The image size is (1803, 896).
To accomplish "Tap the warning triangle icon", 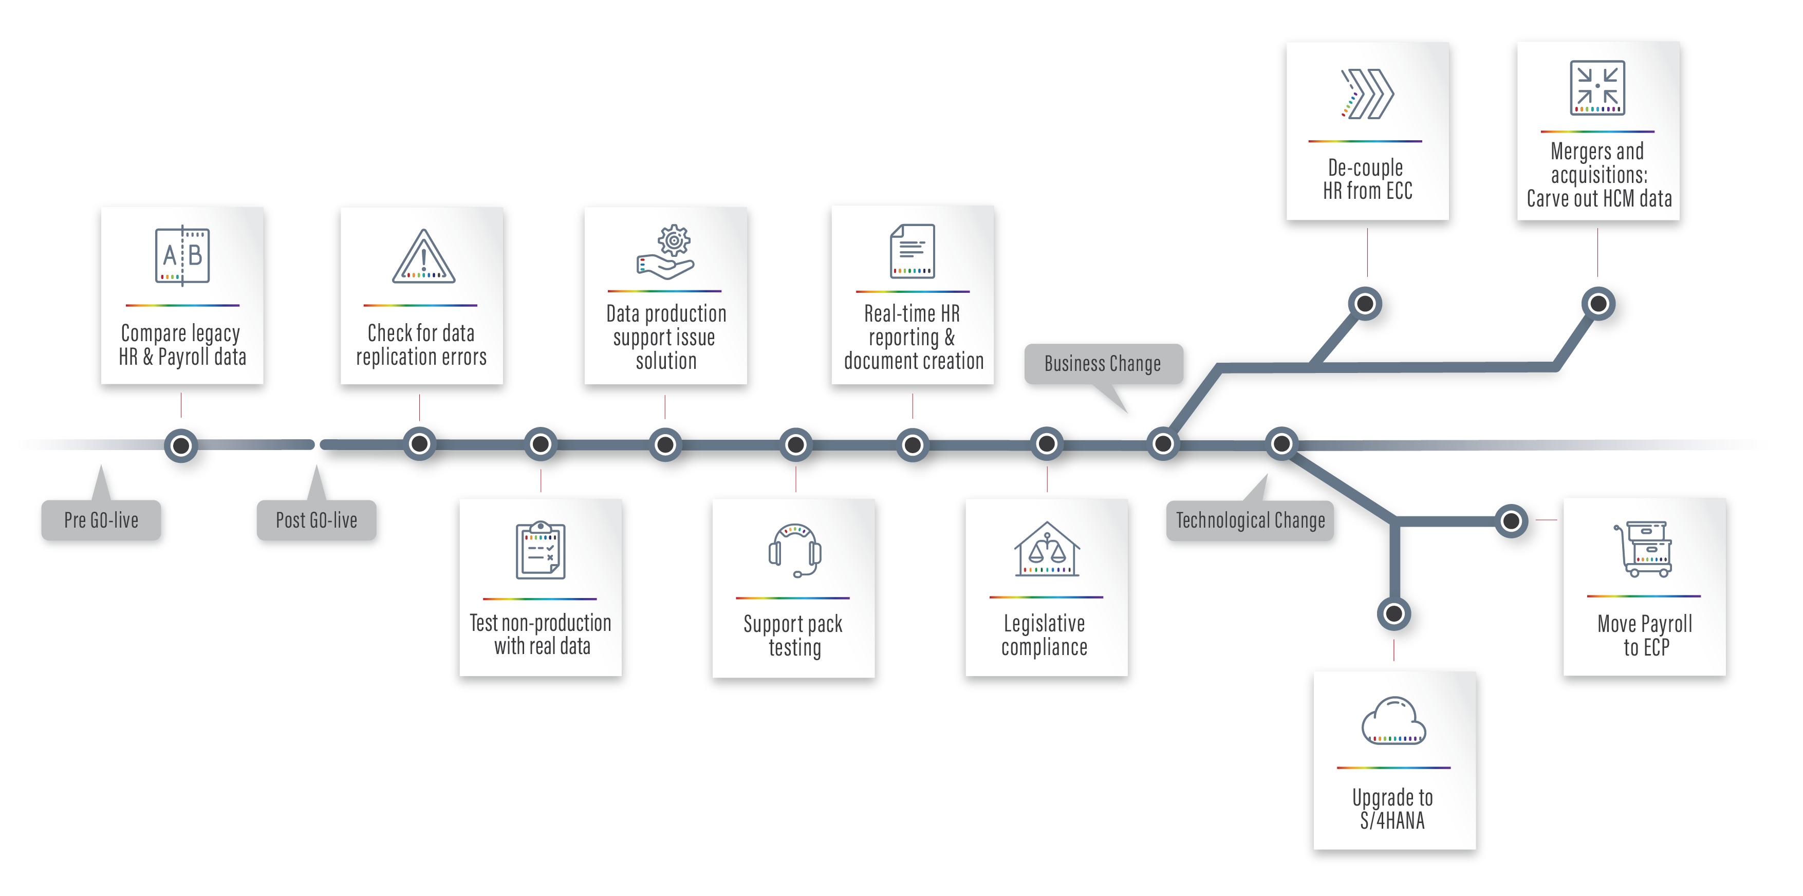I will (x=423, y=257).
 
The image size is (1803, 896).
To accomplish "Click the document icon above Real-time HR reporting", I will (x=912, y=251).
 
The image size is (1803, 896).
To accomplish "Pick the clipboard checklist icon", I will (x=541, y=550).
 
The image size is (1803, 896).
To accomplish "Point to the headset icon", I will (x=794, y=550).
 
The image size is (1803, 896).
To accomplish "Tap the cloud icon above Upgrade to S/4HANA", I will (x=1393, y=721).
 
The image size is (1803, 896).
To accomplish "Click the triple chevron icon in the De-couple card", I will (x=1366, y=94).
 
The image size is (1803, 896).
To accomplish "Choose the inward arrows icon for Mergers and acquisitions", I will (x=1597, y=87).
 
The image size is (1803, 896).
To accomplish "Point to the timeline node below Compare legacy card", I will (x=181, y=445).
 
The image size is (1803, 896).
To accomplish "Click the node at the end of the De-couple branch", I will (x=1365, y=304).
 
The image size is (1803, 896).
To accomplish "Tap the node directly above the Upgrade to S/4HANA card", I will (x=1393, y=614).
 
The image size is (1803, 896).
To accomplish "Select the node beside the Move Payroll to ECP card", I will (x=1511, y=521).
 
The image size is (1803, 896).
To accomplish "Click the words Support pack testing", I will (x=794, y=636).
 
